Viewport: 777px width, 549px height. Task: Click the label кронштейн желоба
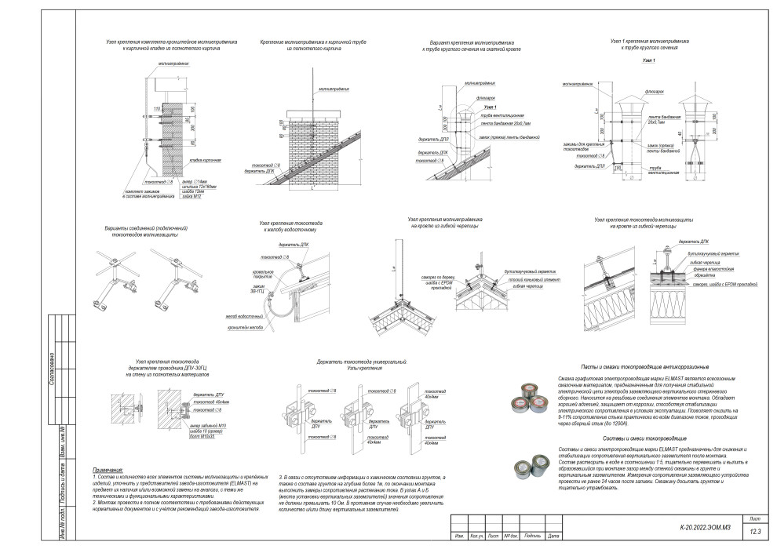(245, 329)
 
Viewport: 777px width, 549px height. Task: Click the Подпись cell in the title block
(533, 536)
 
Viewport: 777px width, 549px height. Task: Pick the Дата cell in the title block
(555, 536)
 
